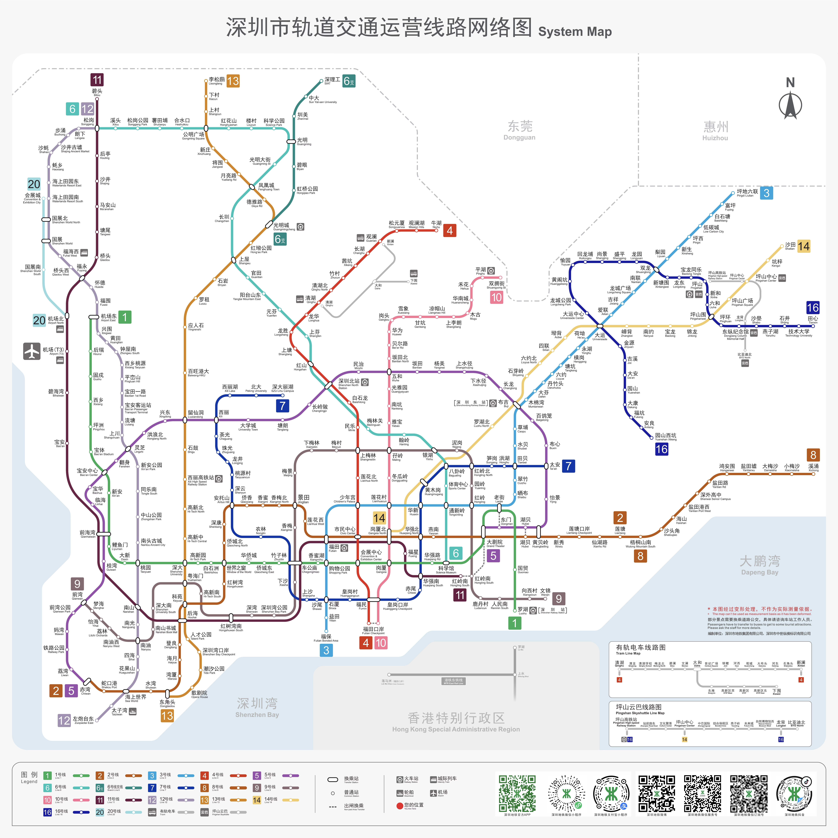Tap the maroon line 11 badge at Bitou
97,80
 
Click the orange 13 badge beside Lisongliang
233,81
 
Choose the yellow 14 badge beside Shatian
803,246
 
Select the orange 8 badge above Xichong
813,455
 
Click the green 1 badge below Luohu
514,623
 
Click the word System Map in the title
575,32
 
